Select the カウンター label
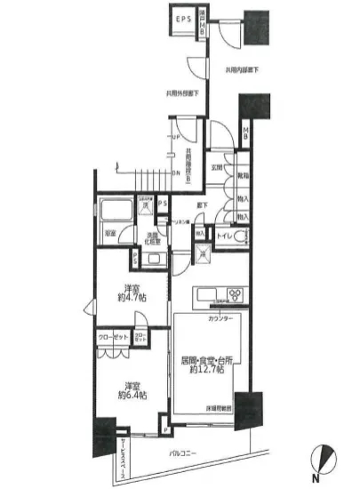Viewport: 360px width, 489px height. click(x=220, y=317)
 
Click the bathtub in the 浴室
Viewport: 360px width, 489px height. click(x=115, y=212)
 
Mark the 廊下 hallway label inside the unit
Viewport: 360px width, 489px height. click(x=203, y=205)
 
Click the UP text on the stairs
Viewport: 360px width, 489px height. click(x=175, y=136)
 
